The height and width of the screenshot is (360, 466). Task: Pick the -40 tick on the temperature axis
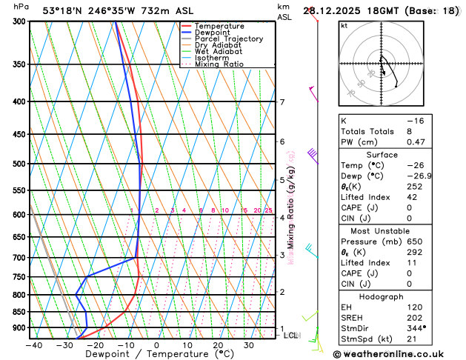click(33, 345)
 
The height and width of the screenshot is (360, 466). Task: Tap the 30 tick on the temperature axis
click(250, 345)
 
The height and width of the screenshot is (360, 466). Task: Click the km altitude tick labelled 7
click(282, 102)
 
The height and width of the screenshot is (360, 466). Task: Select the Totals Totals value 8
click(409, 131)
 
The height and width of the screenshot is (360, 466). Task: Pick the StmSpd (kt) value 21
click(412, 338)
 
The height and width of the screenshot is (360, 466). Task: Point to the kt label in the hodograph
click(344, 26)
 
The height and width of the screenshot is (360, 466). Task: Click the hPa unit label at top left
click(21, 7)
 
